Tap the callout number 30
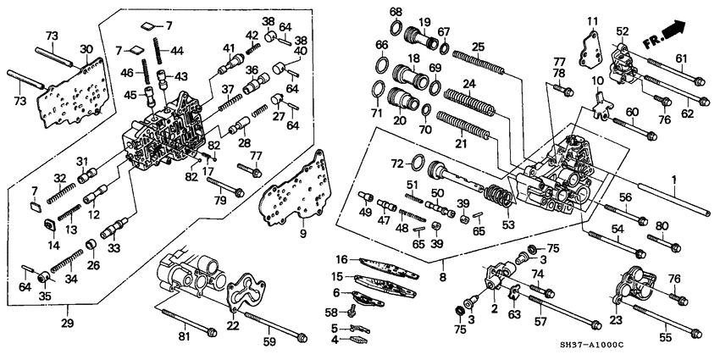pos(86,47)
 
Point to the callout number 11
pos(592,20)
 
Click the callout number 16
pos(342,260)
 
